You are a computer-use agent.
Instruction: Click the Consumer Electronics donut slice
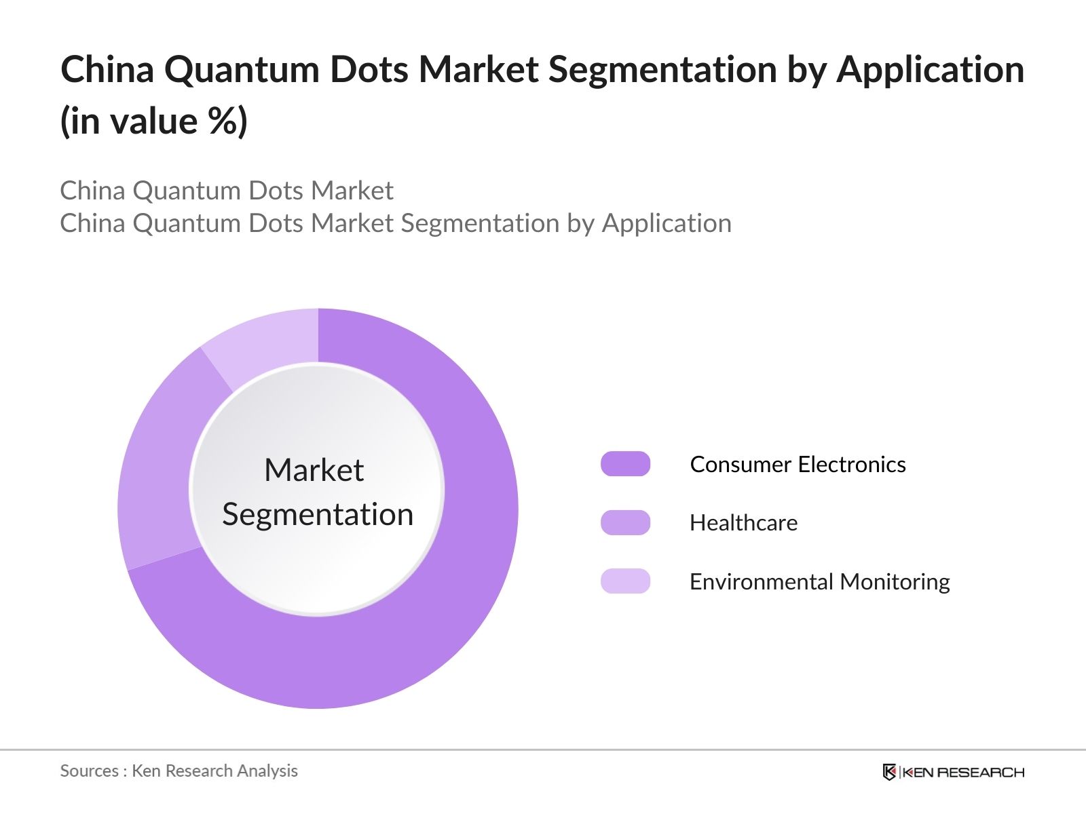click(445, 593)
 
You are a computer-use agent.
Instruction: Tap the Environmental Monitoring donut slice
click(267, 341)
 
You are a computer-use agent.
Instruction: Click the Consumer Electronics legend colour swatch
click(625, 464)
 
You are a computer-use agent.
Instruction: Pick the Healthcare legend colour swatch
click(625, 522)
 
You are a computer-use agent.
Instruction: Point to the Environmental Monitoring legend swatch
click(625, 581)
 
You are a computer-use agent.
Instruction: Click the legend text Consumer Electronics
click(798, 465)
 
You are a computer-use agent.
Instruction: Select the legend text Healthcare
click(744, 523)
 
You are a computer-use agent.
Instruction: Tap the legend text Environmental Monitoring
click(820, 582)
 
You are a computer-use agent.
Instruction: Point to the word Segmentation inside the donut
click(318, 515)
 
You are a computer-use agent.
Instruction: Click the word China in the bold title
click(107, 69)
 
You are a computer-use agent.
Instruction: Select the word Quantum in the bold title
click(242, 70)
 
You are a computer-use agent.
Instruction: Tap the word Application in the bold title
click(931, 70)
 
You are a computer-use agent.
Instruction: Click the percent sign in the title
click(223, 121)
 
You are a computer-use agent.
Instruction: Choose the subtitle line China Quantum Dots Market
click(227, 191)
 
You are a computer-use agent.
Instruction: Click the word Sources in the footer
click(90, 771)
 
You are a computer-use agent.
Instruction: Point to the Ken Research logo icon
click(889, 772)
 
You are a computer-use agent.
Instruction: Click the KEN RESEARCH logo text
click(963, 773)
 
